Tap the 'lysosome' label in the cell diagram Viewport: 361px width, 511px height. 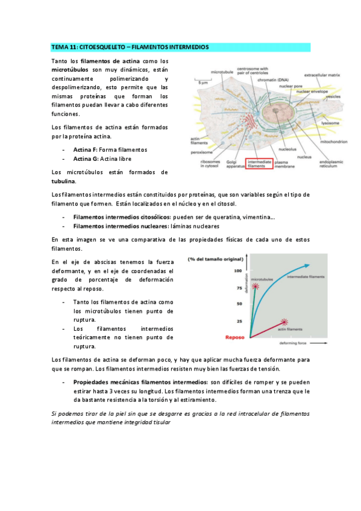click(x=330, y=123)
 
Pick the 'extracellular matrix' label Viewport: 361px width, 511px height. click(x=322, y=75)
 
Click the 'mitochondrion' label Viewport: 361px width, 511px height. click(x=334, y=142)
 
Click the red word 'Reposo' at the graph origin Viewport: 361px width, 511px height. click(x=235, y=337)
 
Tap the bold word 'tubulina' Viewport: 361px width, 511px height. click(x=63, y=181)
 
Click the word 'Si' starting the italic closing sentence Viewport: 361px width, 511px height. click(x=55, y=413)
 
